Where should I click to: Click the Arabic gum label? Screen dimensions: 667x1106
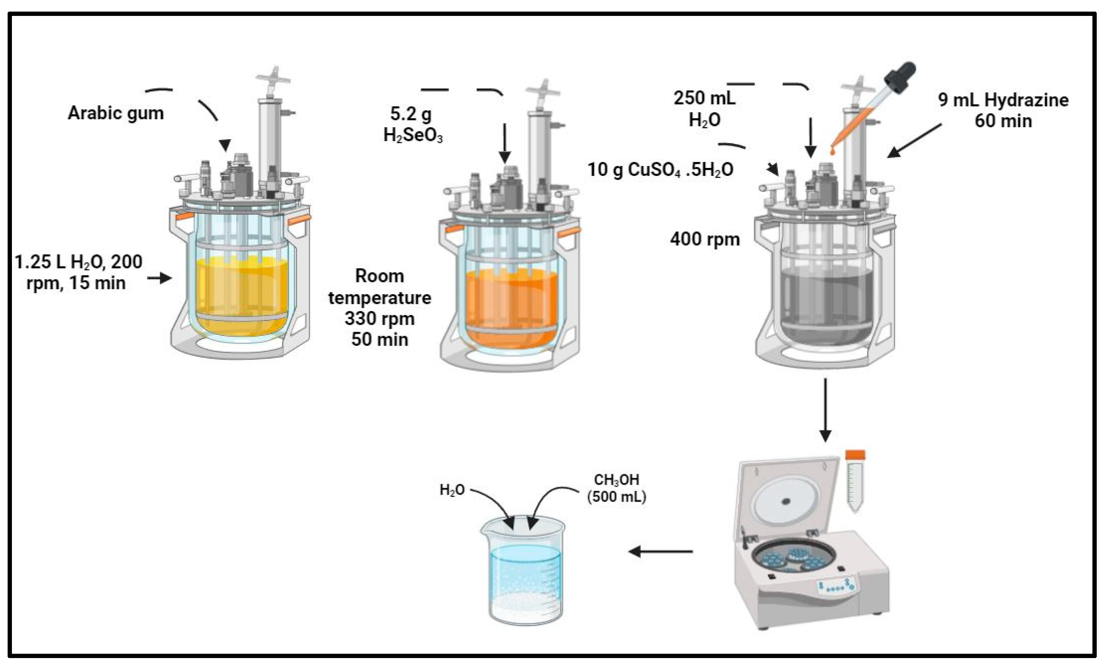(116, 113)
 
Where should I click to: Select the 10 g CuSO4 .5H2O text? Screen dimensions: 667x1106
(660, 170)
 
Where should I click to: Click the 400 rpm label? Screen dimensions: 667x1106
(705, 239)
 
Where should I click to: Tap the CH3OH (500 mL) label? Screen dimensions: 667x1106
(616, 488)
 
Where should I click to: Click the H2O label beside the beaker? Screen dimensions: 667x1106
(451, 490)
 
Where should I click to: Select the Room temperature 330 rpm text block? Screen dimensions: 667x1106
(379, 308)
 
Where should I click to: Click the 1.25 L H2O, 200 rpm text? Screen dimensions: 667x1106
(78, 272)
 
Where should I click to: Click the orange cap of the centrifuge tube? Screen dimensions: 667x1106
(855, 455)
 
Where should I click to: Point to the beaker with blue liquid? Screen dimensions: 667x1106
(525, 580)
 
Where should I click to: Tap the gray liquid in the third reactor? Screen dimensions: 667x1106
(826, 306)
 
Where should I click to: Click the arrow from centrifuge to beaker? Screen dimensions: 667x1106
(660, 551)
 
